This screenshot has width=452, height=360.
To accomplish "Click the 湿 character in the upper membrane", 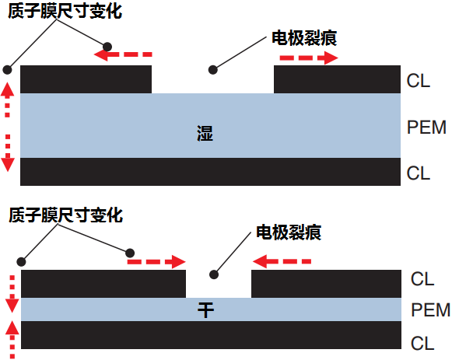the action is (205, 133).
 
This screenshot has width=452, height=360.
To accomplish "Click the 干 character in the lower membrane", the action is (205, 310).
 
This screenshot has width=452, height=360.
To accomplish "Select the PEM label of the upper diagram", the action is (426, 128).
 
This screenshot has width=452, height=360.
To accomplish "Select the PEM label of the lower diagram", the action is (430, 310).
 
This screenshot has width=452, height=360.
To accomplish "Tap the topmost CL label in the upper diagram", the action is (419, 81).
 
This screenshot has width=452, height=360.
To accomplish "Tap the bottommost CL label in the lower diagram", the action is (422, 344).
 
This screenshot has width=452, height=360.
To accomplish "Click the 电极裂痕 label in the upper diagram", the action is (304, 38).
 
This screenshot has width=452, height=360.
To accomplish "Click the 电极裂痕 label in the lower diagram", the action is (289, 232).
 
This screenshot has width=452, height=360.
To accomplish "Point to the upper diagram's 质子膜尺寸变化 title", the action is (65, 11).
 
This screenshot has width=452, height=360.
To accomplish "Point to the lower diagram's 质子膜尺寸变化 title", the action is (65, 215).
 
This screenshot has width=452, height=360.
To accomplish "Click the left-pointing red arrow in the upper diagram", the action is (123, 54).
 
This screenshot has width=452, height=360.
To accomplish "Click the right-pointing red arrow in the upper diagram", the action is (309, 58).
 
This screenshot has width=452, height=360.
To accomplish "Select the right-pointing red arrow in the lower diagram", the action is (156, 262).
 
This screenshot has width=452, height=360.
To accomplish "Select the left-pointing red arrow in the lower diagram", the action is (282, 261).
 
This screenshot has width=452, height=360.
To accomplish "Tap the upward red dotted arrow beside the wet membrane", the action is (7, 100).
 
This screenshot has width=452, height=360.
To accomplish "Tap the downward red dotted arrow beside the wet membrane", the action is (8, 153).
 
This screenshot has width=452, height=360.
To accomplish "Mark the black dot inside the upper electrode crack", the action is (212, 70).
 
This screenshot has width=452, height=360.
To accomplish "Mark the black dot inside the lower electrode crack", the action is (214, 274).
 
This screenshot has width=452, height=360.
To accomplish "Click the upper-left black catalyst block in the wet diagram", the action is (86, 79).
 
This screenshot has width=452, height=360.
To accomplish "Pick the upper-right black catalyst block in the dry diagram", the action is (326, 284).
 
